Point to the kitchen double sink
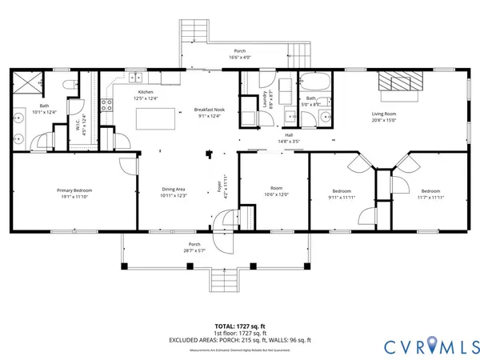(136, 78)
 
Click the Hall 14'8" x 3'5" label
(288, 138)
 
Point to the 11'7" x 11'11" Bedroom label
(430, 193)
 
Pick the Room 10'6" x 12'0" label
(274, 193)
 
